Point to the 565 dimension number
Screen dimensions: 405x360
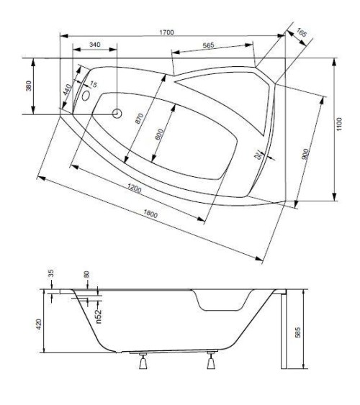[x=208, y=45]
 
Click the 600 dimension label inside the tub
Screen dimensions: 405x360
[x=161, y=135]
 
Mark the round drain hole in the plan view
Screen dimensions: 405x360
[x=118, y=114]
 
